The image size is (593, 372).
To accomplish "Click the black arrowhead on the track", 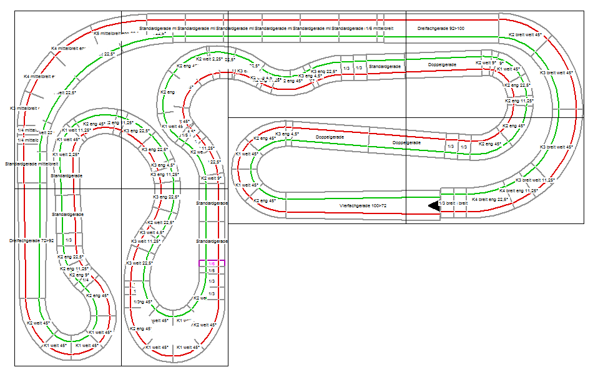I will (433, 205).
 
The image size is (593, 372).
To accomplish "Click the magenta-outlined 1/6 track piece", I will (212, 263).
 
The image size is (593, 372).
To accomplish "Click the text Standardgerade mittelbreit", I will (32, 164).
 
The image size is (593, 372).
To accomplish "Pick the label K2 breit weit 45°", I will (524, 34).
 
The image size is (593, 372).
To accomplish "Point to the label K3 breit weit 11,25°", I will (535, 180).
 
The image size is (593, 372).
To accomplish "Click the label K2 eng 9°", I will (79, 275).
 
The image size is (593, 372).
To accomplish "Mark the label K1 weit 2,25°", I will (66, 154).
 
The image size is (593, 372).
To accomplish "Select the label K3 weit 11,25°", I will (147, 240).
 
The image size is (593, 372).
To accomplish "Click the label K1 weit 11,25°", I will (77, 130).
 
